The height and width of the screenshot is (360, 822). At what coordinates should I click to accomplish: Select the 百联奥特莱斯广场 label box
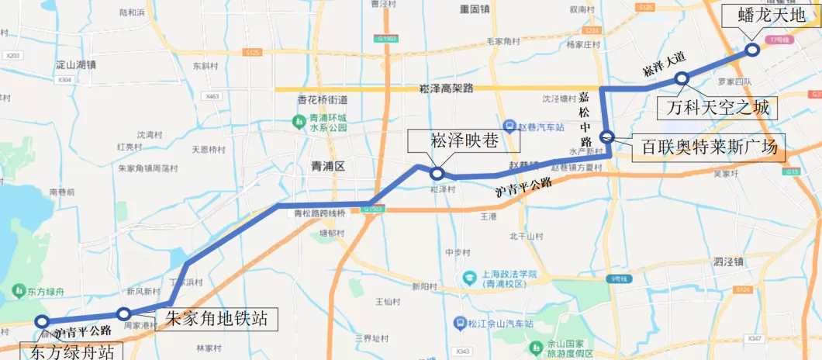click(x=709, y=147)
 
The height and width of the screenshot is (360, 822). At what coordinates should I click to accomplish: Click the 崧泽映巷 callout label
click(x=464, y=142)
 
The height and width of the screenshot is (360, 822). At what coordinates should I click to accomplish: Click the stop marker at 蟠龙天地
click(x=751, y=50)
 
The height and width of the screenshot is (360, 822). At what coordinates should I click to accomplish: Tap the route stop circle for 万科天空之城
click(x=682, y=78)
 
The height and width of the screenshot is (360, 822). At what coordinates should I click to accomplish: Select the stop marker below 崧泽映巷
click(x=437, y=174)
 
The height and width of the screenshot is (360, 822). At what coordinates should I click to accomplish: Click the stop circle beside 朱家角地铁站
click(x=123, y=313)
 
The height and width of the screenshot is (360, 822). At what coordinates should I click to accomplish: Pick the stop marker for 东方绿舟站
click(x=42, y=322)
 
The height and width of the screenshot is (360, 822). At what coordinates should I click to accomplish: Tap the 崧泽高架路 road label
click(x=445, y=88)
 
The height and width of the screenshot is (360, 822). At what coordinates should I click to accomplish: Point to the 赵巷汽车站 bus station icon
click(x=509, y=126)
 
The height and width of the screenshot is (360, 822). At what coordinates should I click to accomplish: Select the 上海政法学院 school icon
click(x=470, y=276)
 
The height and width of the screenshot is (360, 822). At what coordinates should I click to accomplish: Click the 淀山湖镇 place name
click(x=76, y=65)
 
